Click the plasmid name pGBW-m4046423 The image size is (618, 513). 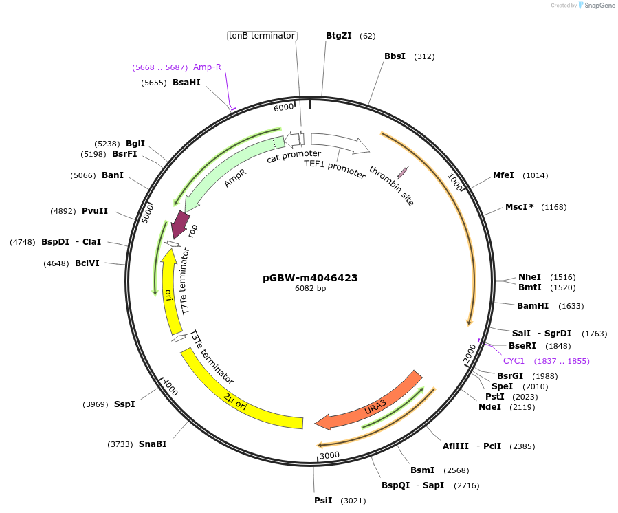pos(310,278)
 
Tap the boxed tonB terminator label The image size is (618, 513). pos(262,36)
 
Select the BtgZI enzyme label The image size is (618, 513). pos(338,36)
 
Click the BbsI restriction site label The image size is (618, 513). pos(395,56)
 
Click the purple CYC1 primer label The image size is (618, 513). pos(514,361)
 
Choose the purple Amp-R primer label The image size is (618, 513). pos(207,67)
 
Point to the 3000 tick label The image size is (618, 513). pos(330,455)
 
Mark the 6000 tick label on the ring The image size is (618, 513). pos(284,108)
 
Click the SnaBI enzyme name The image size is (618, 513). pos(153,444)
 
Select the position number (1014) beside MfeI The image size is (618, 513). pos(536,175)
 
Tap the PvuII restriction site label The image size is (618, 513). pos(95,211)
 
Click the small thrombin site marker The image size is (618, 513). pos(402,173)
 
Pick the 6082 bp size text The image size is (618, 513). pos(310,289)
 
